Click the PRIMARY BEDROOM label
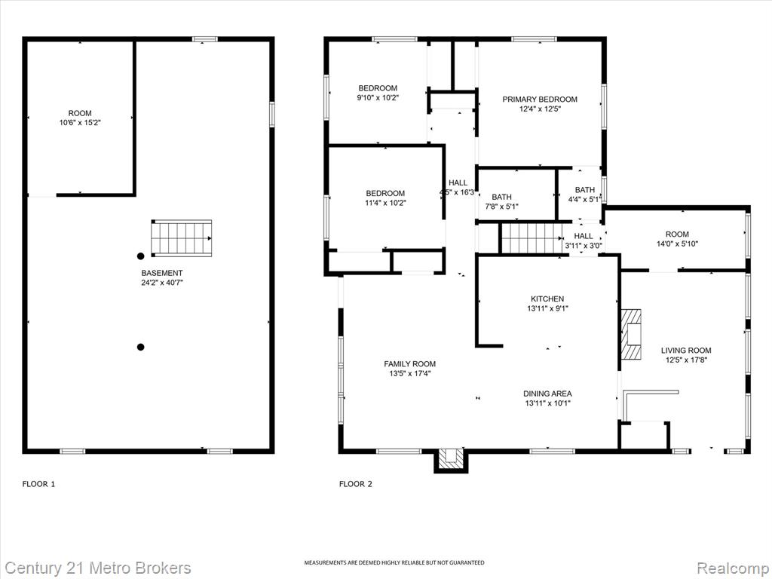point(540,100)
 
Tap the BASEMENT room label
point(162,273)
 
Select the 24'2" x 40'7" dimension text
point(162,283)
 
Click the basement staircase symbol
point(181,238)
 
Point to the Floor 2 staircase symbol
point(532,238)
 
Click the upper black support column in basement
point(140,256)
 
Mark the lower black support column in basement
point(140,347)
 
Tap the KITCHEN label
point(547,299)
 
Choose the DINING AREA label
point(547,394)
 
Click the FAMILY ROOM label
point(409,364)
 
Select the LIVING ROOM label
point(686,351)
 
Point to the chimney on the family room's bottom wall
point(451,460)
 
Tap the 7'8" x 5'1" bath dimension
point(501,207)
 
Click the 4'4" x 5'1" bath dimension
point(585,199)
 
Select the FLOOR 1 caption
point(38,484)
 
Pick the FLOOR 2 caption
point(356,484)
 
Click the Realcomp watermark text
point(732,568)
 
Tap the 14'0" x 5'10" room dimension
point(677,244)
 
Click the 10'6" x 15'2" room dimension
point(80,123)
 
